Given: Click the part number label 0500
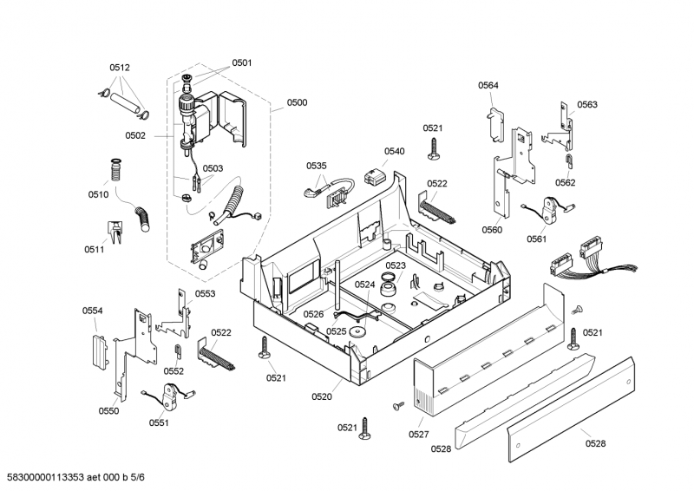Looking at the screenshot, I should (297, 102).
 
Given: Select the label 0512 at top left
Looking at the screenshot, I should (120, 68).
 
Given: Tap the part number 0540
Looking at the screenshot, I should (394, 151).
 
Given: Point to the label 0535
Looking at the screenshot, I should (317, 166).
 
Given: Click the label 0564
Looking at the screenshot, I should (488, 85).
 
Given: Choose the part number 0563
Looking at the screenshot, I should (587, 105).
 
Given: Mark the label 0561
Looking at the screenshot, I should (536, 239).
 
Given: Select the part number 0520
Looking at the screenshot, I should (322, 396).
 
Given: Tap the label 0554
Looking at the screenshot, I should (93, 311).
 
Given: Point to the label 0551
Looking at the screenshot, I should (159, 422).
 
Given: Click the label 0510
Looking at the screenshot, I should (97, 194).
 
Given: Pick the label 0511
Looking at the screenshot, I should (95, 250).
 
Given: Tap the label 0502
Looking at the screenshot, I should (135, 135).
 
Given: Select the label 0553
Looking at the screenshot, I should (205, 294).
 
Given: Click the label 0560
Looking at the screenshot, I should (492, 230).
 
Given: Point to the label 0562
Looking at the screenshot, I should (566, 182).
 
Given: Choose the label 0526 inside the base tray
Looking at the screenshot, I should (313, 314).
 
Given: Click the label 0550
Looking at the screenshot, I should (108, 410).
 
